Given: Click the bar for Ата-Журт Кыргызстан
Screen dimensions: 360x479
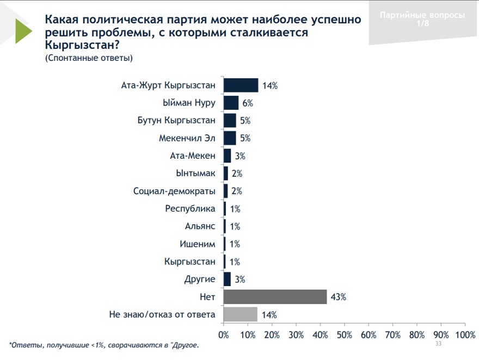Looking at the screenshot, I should (241, 85).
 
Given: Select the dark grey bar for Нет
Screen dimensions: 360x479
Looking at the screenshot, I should (275, 297).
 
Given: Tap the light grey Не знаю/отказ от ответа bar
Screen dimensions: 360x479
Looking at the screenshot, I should (240, 314).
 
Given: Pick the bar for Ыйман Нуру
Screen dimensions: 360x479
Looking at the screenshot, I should (231, 103).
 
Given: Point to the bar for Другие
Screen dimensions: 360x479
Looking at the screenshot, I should (227, 280).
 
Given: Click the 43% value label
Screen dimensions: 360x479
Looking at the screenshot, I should (338, 297).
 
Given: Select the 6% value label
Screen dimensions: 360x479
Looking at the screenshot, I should (248, 103).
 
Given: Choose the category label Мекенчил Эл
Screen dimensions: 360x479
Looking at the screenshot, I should (187, 138).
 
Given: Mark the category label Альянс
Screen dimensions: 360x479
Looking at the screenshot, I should (200, 226).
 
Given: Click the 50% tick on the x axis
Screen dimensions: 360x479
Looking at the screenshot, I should (344, 334).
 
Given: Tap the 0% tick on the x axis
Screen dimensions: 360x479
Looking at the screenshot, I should (224, 334).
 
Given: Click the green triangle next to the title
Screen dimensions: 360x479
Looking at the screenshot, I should (23, 31).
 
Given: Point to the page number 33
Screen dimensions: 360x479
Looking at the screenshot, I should (438, 344).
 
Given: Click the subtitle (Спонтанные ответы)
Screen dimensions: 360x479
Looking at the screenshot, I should (89, 58).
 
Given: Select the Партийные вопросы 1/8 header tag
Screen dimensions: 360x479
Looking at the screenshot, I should (422, 19).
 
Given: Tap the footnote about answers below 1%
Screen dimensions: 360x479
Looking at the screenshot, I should (104, 345).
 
